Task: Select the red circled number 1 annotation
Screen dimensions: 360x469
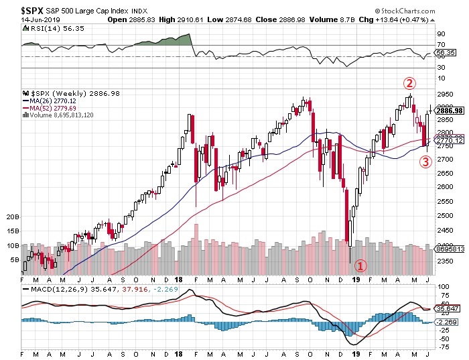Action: pyautogui.click(x=360, y=265)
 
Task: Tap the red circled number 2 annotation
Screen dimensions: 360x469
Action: pyautogui.click(x=410, y=84)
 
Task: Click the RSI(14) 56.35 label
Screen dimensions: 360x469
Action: pyautogui.click(x=48, y=29)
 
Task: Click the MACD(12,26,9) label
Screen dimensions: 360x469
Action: pyautogui.click(x=57, y=289)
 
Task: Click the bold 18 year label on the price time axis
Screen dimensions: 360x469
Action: pyautogui.click(x=179, y=279)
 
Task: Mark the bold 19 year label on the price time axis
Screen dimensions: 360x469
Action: pyautogui.click(x=356, y=279)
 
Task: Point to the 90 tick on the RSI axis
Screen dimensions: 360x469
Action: pyautogui.click(x=441, y=33)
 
